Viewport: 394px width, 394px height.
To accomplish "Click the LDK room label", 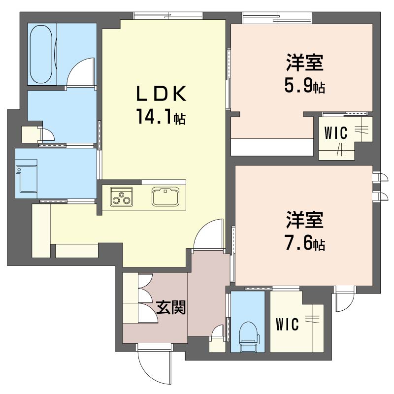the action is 161,94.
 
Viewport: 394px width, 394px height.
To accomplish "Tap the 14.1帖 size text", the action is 161,116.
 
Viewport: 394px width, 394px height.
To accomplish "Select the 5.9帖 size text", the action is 304,85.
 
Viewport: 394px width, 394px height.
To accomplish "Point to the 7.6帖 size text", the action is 304,242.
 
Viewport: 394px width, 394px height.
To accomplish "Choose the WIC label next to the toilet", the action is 287,324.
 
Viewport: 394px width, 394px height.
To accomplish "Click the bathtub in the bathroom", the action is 41,54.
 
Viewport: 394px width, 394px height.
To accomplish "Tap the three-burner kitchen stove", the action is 121,197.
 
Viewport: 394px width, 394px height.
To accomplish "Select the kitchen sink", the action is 165,197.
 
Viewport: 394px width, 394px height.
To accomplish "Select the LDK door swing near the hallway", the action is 208,234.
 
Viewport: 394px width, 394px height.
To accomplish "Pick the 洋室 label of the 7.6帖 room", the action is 304,220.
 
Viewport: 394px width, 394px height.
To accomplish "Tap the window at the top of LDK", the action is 168,16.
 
